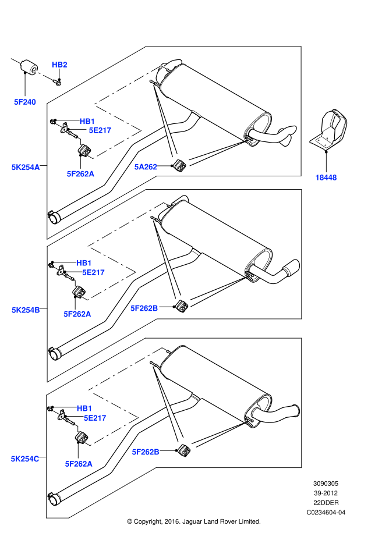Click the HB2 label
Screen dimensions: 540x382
[x=59, y=65]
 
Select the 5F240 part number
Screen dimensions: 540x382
[x=25, y=102]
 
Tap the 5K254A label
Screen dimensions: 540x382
[x=26, y=168]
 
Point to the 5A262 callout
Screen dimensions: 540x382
[x=146, y=167]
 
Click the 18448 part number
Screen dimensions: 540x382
[x=326, y=177]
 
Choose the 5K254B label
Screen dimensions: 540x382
[x=26, y=310]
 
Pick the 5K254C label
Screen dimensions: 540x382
[x=25, y=459]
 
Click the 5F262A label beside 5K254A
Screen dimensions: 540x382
[x=80, y=174]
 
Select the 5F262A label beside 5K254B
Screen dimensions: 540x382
[x=77, y=314]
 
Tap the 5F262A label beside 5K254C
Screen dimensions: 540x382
[x=79, y=464]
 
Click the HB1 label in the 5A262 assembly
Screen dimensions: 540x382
[x=87, y=122]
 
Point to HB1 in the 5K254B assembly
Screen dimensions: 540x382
[x=84, y=263]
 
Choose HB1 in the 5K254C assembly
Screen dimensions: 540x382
[x=84, y=408]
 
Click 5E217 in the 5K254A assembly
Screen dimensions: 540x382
[x=100, y=130]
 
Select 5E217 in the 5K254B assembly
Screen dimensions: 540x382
[x=93, y=272]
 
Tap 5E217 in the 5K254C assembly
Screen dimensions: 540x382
[x=95, y=418]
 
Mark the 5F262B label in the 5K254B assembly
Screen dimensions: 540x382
[x=144, y=308]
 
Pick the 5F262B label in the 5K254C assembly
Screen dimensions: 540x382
[x=146, y=452]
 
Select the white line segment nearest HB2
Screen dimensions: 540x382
[x=43, y=75]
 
